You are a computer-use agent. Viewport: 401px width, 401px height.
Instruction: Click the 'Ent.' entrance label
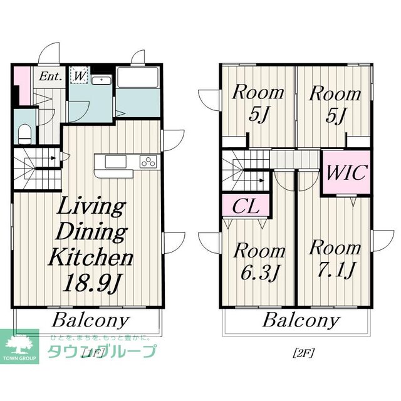click(51, 77)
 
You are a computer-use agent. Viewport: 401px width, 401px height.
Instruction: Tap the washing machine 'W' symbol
click(80, 75)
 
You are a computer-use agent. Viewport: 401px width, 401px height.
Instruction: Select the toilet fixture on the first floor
click(24, 132)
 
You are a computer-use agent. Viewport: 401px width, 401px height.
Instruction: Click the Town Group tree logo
click(20, 344)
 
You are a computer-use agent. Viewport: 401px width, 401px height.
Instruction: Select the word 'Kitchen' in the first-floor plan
click(91, 257)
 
